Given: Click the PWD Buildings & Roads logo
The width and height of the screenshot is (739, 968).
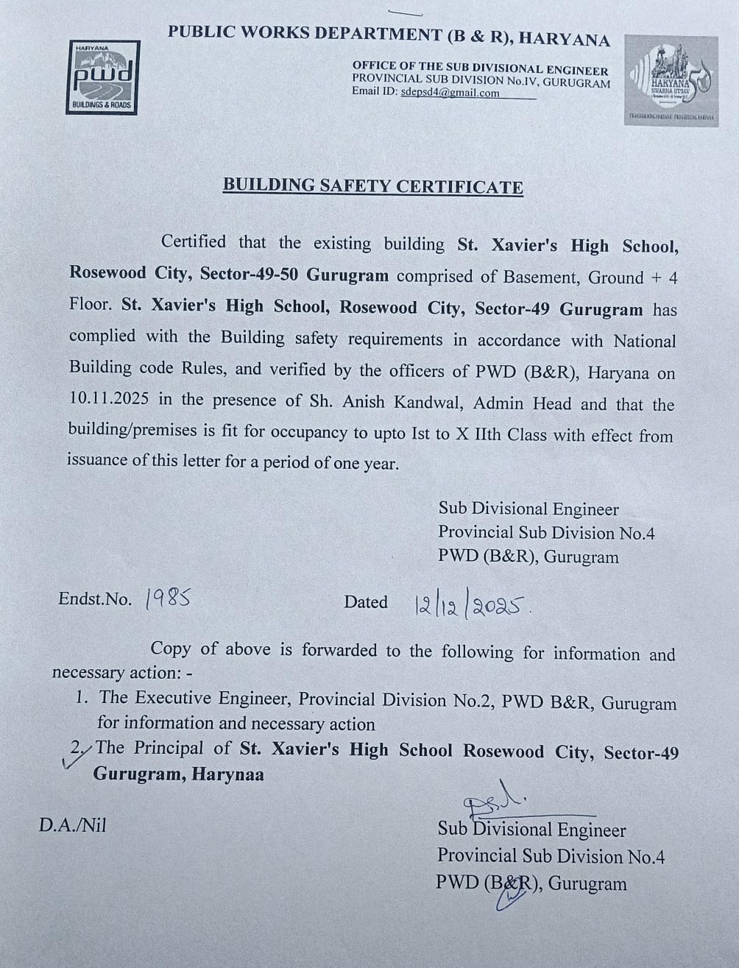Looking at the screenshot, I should click(x=103, y=77).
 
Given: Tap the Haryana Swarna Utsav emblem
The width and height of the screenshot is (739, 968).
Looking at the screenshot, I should click(x=671, y=80).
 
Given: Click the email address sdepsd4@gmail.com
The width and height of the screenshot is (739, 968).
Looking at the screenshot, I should click(x=450, y=93).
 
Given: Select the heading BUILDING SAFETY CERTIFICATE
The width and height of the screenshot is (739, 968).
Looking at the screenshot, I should click(x=373, y=186).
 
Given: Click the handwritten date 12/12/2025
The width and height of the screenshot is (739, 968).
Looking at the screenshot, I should click(x=472, y=606).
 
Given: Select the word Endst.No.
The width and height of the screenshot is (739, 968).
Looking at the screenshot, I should click(x=95, y=599).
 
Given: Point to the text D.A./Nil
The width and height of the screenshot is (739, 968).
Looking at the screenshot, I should click(x=72, y=825).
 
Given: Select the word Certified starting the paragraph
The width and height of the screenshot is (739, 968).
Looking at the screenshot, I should click(x=194, y=241).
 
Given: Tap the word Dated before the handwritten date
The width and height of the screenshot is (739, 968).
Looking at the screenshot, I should click(x=366, y=602).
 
